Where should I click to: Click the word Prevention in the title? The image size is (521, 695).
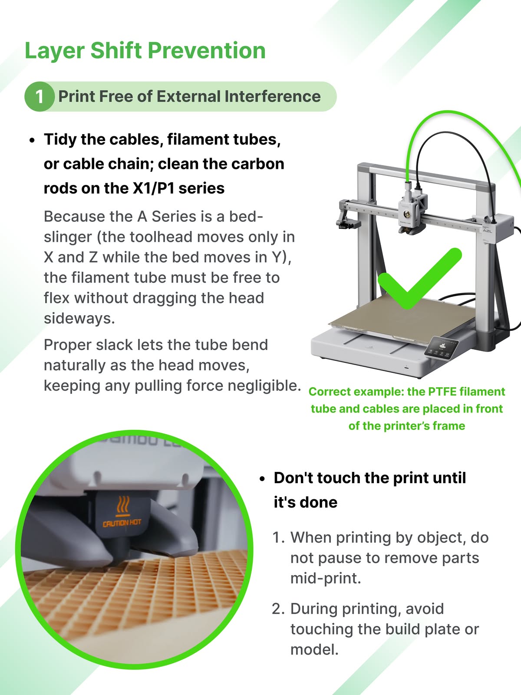click(x=207, y=51)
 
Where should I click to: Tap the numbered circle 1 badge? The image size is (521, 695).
click(x=39, y=96)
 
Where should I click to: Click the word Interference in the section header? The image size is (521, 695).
click(x=273, y=96)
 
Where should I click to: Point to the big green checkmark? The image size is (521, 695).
click(x=419, y=279)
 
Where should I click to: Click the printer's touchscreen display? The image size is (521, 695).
click(x=441, y=348)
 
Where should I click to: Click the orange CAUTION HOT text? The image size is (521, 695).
click(x=122, y=523)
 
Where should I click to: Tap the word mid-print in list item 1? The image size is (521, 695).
click(x=326, y=579)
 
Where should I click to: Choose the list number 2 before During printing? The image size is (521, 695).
click(x=279, y=609)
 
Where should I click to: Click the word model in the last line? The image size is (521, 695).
click(x=314, y=650)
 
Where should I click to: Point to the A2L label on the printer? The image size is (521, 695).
click(x=488, y=231)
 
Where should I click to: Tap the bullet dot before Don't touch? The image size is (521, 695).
click(x=262, y=479)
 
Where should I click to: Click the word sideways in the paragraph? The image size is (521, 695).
click(x=79, y=319)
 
